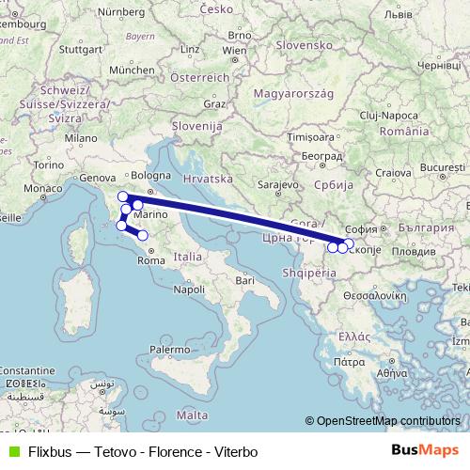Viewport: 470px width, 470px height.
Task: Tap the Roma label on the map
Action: coord(150,262)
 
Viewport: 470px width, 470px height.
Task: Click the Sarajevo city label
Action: coord(276,185)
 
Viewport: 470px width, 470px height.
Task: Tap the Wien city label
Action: coord(235,50)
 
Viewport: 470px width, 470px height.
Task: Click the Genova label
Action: coord(97,177)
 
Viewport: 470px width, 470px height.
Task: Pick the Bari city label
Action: coord(245,279)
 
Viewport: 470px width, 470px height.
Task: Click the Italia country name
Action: coord(187,256)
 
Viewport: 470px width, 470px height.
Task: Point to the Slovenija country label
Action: coord(196,124)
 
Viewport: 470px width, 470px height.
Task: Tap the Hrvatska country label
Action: coord(208,178)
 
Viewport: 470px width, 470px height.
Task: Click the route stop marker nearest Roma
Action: coord(143,235)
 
